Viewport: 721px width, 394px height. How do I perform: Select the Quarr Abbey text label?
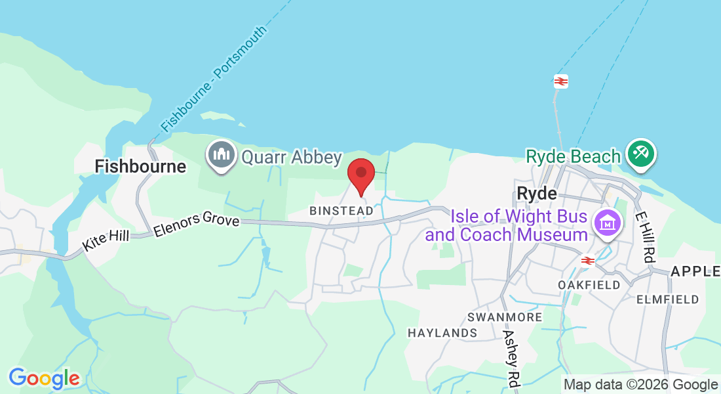click(x=292, y=157)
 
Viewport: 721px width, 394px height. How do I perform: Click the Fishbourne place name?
click(x=140, y=166)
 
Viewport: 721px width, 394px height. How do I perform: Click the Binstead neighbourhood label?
click(x=341, y=211)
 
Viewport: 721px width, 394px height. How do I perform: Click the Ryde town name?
click(x=536, y=193)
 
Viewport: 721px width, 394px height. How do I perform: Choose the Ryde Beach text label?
click(x=573, y=156)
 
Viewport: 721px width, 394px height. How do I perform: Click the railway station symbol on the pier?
click(x=560, y=81)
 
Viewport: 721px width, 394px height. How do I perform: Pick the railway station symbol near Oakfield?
click(x=587, y=260)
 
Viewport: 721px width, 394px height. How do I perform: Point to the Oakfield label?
click(x=589, y=285)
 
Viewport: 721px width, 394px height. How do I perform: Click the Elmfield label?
click(x=667, y=299)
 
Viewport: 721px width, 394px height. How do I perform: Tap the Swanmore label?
click(x=505, y=317)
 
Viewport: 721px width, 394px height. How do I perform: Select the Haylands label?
click(x=442, y=333)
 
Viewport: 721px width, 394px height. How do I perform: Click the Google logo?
click(x=44, y=378)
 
